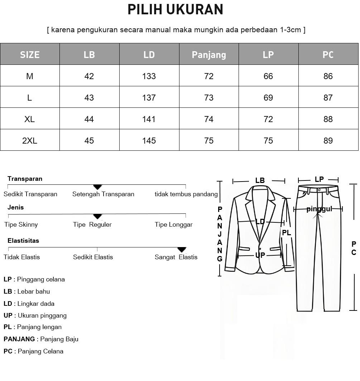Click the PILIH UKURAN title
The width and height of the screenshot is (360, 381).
click(x=176, y=10)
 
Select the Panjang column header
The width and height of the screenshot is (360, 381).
click(x=209, y=54)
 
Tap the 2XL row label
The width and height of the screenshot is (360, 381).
click(x=30, y=141)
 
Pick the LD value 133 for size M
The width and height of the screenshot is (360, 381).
click(x=149, y=76)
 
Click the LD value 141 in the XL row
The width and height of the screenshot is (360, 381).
click(x=149, y=119)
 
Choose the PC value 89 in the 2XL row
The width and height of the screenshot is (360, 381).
click(x=328, y=141)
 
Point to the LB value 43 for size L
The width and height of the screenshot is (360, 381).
click(x=89, y=98)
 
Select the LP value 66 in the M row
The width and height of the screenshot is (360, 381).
click(x=268, y=76)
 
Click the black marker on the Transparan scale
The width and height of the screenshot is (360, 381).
click(x=97, y=187)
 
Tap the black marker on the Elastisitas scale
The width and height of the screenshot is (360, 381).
click(x=182, y=249)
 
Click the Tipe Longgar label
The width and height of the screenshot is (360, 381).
click(x=174, y=225)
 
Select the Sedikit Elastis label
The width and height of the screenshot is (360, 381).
click(x=93, y=257)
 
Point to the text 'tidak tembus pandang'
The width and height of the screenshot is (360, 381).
click(x=186, y=194)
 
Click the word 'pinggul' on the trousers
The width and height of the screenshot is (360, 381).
click(x=319, y=209)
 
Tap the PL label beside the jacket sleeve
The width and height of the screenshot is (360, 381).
click(x=287, y=233)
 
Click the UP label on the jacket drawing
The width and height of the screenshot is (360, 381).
click(x=260, y=255)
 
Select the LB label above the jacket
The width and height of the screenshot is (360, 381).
click(x=260, y=180)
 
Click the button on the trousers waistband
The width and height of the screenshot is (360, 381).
click(x=319, y=189)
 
